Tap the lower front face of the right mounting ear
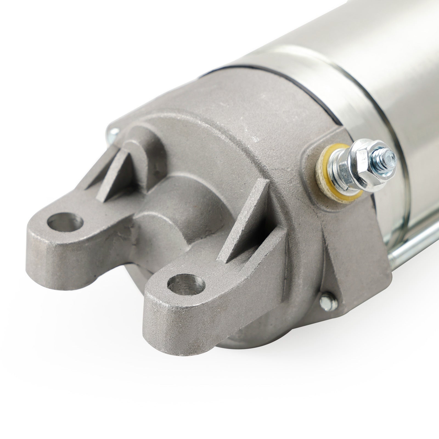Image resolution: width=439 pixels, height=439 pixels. click(176, 324)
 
